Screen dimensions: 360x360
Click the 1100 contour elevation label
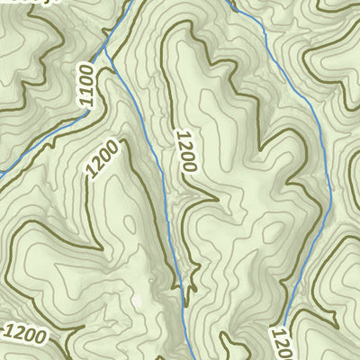click(x=86, y=85)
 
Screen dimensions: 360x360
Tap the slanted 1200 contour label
click(x=103, y=158)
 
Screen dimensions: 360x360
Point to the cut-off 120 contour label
click(x=281, y=343)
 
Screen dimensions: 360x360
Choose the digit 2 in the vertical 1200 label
click(x=184, y=142)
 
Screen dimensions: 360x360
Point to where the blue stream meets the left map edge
click(x=2, y=172)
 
